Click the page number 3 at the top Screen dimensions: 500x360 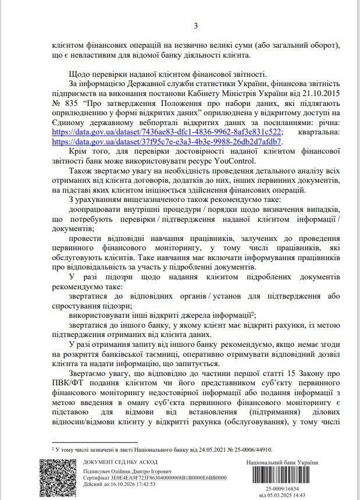195,26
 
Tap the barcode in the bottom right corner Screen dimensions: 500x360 282,475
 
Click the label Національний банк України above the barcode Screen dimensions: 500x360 282,462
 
